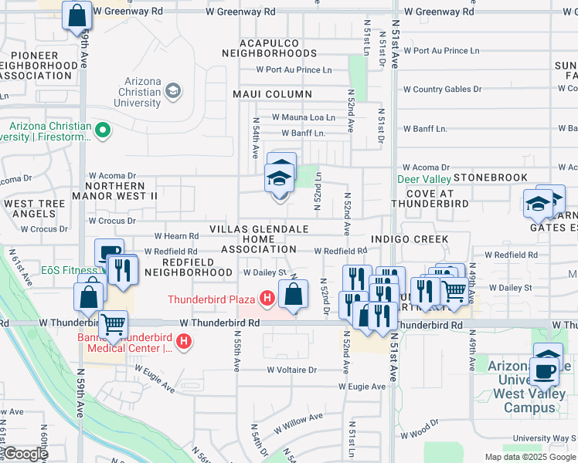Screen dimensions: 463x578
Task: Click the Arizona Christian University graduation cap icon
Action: click(x=173, y=92)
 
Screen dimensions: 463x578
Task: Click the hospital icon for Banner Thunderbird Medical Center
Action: click(x=184, y=341)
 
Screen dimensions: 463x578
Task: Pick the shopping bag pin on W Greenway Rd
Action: click(x=77, y=15)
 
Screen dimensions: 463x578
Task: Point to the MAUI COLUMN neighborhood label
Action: click(x=272, y=94)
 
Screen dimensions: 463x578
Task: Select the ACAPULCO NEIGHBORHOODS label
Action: click(x=269, y=48)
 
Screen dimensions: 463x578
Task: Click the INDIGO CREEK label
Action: click(x=409, y=239)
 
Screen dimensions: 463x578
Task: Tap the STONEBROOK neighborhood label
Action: click(x=490, y=177)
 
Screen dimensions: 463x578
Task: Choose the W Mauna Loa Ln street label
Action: click(x=303, y=118)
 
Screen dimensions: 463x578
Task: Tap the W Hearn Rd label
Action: click(x=177, y=236)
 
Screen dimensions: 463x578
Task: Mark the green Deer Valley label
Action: click(x=423, y=179)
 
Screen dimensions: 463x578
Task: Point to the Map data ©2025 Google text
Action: click(x=530, y=457)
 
